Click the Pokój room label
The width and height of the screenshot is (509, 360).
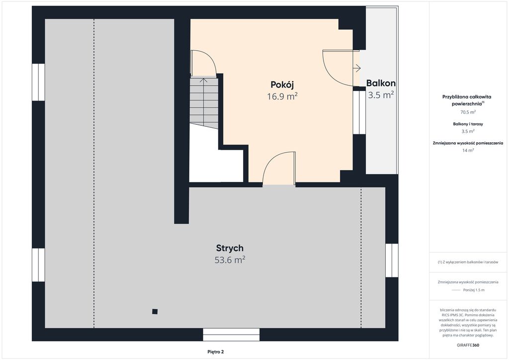[282, 85]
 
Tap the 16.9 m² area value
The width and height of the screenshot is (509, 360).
[282, 96]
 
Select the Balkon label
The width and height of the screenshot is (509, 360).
[381, 83]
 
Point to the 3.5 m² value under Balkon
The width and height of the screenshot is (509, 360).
[381, 95]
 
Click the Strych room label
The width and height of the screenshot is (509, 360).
[230, 248]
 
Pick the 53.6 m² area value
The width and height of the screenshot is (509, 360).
[230, 260]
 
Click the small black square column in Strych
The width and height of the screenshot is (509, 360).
[155, 312]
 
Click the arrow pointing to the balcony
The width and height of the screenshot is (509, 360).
[357, 68]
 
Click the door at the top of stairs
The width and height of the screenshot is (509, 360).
[203, 63]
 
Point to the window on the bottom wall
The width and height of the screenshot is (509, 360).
[232, 335]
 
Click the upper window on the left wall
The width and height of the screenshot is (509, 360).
[38, 82]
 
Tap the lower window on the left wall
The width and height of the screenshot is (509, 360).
[38, 265]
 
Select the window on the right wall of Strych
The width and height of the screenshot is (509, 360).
[392, 261]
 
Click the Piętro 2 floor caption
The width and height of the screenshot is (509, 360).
[216, 352]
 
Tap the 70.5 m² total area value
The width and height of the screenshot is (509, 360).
[468, 112]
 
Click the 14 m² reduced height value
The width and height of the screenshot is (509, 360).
[468, 150]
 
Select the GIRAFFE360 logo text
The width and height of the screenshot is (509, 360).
[468, 345]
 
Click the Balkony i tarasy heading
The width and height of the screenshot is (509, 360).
[468, 124]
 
